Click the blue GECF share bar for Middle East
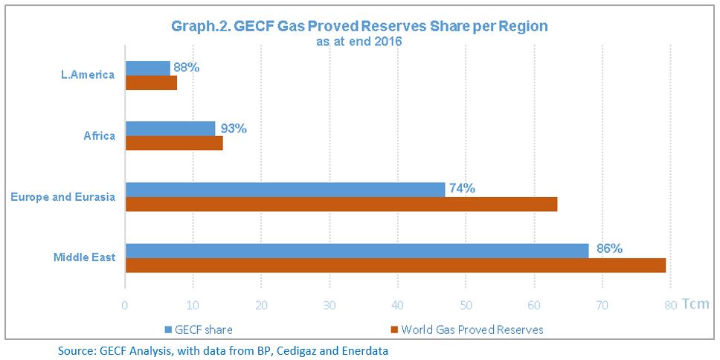coord(357,251)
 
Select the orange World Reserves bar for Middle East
coord(395,266)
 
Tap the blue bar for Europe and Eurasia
coord(285,190)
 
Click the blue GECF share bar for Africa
coord(170,129)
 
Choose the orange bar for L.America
coord(151,83)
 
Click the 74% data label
coord(463,188)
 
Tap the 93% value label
coord(233,128)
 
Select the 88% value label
coord(187,67)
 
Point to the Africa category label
coord(100,136)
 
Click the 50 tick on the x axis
coord(465,305)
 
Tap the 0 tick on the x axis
coord(125,305)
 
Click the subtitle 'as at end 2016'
coord(359,42)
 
